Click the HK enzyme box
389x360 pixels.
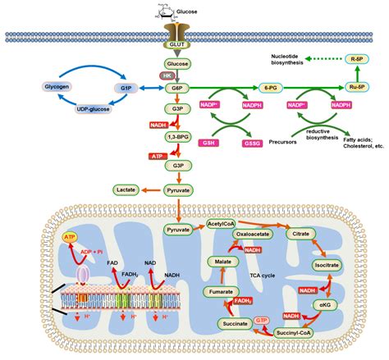point(165,75)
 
